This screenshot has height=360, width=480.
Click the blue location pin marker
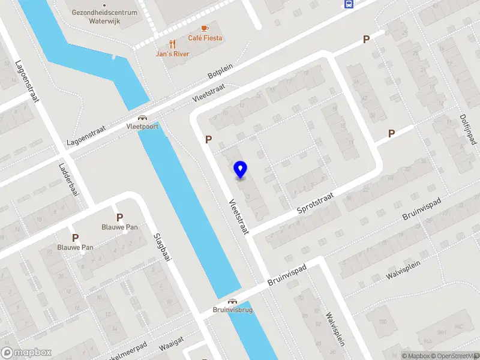(x=241, y=170)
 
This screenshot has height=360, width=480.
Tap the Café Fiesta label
(x=205, y=38)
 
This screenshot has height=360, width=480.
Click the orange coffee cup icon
(x=205, y=28)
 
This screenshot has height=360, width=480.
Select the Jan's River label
(x=173, y=54)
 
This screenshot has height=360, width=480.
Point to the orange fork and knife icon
(x=173, y=44)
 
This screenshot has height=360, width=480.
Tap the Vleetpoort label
(x=143, y=127)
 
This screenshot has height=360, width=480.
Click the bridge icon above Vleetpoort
(x=143, y=118)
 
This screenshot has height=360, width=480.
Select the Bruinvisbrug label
(x=232, y=310)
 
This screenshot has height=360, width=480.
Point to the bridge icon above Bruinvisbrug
(x=232, y=301)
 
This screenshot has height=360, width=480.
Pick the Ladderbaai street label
(x=69, y=180)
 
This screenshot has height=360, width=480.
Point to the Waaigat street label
(x=170, y=346)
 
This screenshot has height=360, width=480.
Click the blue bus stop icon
(x=349, y=4)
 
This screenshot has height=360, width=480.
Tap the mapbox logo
(x=26, y=353)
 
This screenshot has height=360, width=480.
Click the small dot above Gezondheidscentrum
(x=104, y=4)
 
